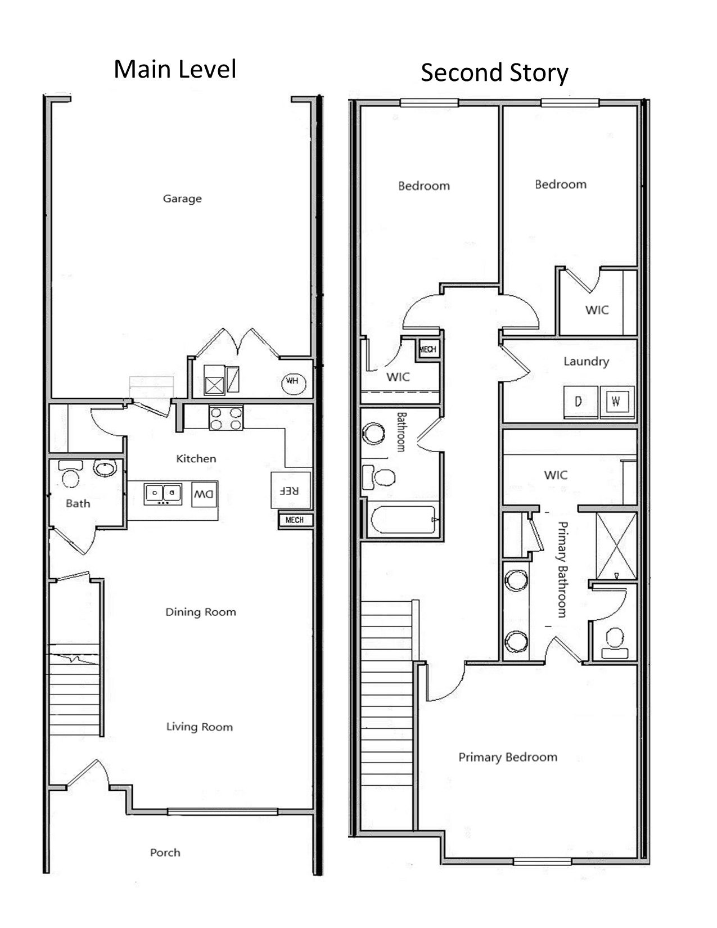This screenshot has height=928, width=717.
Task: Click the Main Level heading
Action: [x=175, y=69]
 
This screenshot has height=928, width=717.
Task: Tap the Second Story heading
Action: [x=494, y=73]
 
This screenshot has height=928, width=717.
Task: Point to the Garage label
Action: [x=182, y=199]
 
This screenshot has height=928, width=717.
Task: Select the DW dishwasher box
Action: [x=204, y=494]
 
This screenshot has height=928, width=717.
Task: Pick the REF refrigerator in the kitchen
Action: [x=290, y=490]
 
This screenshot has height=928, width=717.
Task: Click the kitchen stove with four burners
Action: [x=226, y=418]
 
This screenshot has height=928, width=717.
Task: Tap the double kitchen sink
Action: [x=163, y=493]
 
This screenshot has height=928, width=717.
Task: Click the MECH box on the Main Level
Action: [x=295, y=520]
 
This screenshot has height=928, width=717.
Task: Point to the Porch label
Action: [x=165, y=853]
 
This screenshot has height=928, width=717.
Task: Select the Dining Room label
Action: [x=200, y=612]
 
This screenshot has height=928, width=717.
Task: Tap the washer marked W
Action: [x=617, y=402]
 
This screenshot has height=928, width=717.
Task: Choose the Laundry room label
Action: [x=586, y=361]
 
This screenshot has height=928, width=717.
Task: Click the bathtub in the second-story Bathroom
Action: [x=403, y=520]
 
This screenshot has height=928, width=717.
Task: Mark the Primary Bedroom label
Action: [x=507, y=757]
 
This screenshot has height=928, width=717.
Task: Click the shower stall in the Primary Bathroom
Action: [x=616, y=546]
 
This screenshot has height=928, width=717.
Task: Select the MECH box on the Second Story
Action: [x=427, y=349]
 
